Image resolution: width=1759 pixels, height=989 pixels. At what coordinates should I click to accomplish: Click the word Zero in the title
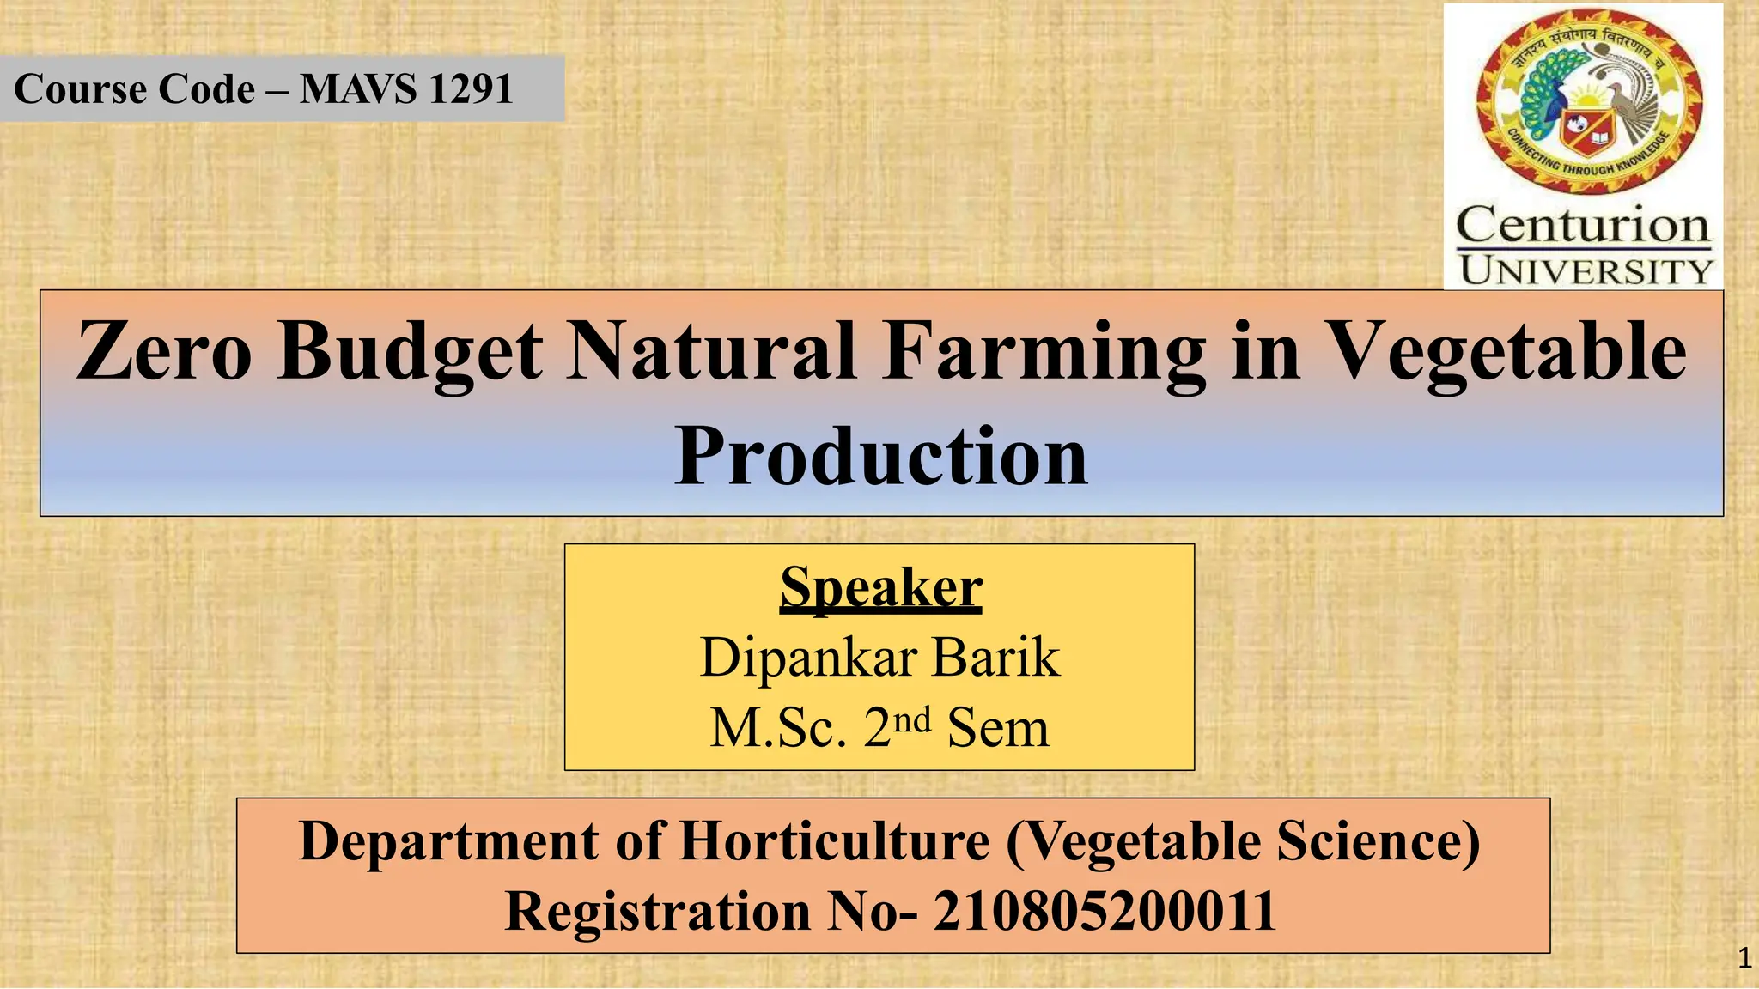(163, 351)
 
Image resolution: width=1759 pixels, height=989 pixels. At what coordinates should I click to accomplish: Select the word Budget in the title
(410, 353)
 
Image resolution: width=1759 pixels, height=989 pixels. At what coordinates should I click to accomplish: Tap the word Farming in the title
(1044, 353)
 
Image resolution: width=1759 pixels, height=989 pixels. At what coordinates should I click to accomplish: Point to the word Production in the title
(881, 456)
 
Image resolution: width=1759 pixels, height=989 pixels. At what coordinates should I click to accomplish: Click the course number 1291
(470, 89)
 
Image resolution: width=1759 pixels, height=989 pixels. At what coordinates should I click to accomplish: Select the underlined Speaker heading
(880, 588)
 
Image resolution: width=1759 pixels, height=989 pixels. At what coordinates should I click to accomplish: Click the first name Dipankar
(809, 658)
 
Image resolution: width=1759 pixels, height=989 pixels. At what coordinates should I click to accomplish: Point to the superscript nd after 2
(911, 719)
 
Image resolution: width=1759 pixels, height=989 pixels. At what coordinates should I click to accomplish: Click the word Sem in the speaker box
(997, 728)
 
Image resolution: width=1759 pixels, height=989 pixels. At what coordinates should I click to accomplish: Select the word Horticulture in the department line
(834, 840)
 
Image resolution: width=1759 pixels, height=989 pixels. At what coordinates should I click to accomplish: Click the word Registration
(657, 911)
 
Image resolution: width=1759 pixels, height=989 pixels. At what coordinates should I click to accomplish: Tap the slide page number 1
(1744, 958)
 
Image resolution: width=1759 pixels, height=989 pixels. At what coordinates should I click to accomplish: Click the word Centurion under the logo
(1583, 226)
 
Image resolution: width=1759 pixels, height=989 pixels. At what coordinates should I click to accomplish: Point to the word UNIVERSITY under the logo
(1586, 271)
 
